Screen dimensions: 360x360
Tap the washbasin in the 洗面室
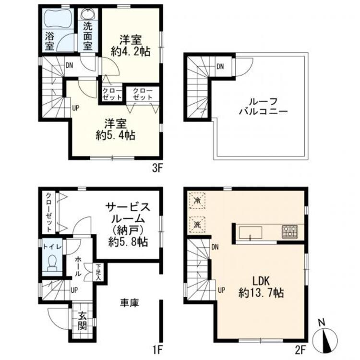tap(88, 14)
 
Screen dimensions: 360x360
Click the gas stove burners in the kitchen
tap(290, 231)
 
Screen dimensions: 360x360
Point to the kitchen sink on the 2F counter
tap(251, 233)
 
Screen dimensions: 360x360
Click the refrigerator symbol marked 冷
tap(197, 201)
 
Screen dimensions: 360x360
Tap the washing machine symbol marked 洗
tap(197, 225)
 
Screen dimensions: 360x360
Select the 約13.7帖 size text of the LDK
tap(261, 293)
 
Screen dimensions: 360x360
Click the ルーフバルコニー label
tap(264, 107)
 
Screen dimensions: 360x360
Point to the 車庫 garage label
tap(130, 303)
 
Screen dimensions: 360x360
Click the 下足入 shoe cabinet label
tap(98, 272)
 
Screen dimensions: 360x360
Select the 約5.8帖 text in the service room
tap(128, 242)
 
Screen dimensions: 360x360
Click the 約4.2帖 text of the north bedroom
tap(131, 52)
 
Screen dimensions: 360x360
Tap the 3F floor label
tap(157, 169)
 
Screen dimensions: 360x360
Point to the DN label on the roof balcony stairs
tap(220, 67)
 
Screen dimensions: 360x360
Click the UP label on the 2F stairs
tap(221, 290)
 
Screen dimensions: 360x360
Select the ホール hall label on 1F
tap(78, 266)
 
